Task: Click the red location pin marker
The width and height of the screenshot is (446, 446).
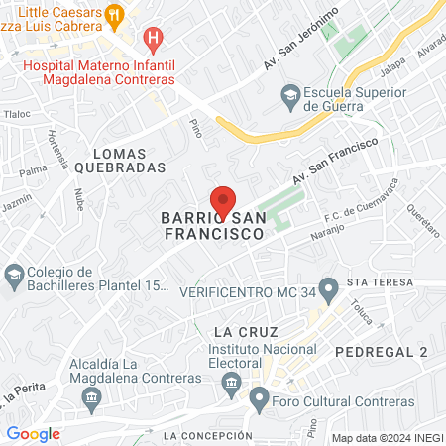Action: [223, 200]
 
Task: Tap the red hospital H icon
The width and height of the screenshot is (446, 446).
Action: [153, 40]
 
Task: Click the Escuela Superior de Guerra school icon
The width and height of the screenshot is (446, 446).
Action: [290, 94]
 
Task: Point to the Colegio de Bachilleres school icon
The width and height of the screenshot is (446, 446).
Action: [14, 273]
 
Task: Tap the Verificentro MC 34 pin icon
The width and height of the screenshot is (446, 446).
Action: [330, 292]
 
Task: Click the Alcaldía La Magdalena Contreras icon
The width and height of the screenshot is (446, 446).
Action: [91, 398]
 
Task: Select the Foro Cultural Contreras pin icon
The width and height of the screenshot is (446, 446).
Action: [260, 402]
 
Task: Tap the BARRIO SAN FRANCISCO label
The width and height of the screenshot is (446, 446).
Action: [212, 225]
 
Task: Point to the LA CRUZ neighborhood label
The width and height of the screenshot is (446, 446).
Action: [243, 330]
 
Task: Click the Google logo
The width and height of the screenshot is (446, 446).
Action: [33, 433]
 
